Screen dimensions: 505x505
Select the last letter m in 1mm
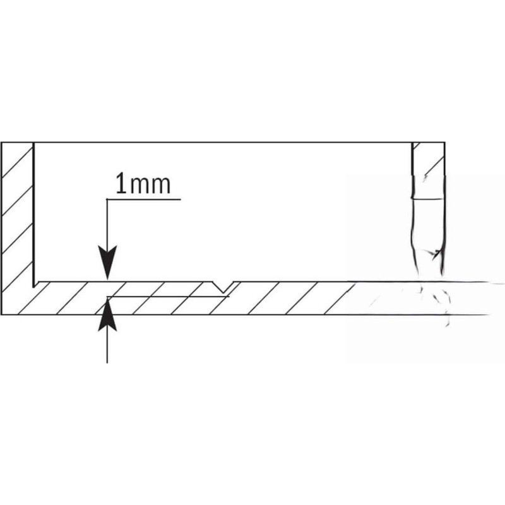160,186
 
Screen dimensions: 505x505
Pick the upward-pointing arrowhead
107,314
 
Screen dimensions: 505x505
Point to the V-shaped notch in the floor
223,287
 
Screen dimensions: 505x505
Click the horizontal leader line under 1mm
144,199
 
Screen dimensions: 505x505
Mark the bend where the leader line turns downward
107,199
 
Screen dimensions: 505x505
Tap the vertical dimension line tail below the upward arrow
107,347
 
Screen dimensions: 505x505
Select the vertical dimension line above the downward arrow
107,223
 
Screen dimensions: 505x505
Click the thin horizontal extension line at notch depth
168,297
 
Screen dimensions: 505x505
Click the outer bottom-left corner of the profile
1,314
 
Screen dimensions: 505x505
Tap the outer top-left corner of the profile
1,143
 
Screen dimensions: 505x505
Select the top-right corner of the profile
445,143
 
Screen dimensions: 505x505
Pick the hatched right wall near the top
429,159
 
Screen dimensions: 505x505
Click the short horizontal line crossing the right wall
429,199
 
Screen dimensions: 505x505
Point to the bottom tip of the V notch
223,293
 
